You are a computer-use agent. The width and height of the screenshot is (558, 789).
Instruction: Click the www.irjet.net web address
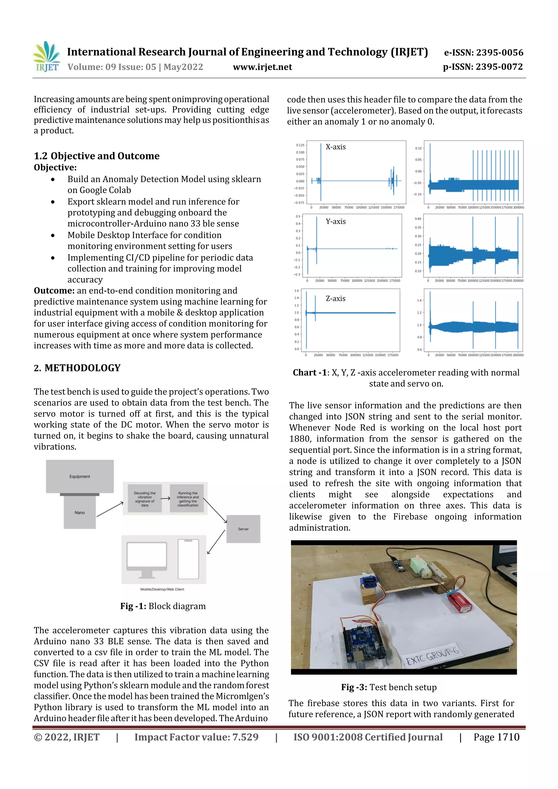(262, 67)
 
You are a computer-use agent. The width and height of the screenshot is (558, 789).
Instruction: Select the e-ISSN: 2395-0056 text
(483, 53)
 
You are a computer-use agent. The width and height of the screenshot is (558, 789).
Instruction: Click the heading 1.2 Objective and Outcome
(96, 156)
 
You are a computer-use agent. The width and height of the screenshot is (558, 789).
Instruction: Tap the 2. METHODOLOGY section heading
(77, 368)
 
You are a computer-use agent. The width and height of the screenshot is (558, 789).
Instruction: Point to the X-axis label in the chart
(336, 147)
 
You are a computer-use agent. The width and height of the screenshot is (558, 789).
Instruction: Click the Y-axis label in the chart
(336, 222)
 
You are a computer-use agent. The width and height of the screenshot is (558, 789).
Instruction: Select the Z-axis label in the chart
(336, 299)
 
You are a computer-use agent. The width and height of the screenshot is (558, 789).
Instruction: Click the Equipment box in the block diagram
(80, 476)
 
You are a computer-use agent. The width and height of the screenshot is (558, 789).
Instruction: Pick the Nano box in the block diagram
(80, 512)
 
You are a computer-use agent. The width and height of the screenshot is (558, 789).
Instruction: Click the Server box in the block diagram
(243, 529)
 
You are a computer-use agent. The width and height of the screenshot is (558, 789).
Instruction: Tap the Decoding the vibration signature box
(145, 499)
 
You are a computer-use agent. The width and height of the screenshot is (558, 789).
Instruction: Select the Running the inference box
(188, 499)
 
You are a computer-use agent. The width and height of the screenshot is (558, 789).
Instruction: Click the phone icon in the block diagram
(188, 559)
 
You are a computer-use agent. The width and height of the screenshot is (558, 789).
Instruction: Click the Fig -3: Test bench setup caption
(389, 687)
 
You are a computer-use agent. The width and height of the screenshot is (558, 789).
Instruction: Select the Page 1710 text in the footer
(496, 737)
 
